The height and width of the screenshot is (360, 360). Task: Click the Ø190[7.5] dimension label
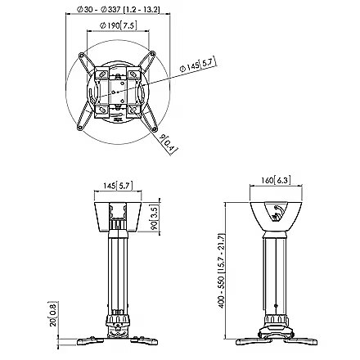tap(119, 25)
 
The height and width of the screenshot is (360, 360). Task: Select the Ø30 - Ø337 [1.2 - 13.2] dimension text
tap(118, 9)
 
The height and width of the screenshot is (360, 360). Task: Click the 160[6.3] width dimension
tap(276, 180)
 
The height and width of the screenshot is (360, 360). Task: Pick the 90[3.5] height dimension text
tap(155, 217)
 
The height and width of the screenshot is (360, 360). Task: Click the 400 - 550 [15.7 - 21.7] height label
tap(221, 271)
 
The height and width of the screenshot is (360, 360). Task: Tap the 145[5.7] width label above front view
tap(118, 186)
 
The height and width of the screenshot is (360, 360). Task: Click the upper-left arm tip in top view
tap(81, 55)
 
